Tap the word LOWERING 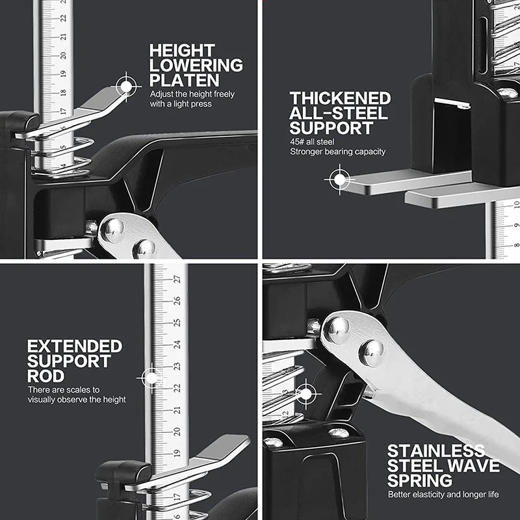pyautogui.click(x=196, y=65)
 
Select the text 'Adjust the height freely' pyautogui.click(x=192, y=94)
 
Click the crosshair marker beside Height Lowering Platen pyautogui.click(x=127, y=85)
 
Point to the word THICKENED pyautogui.click(x=340, y=98)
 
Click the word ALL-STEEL pyautogui.click(x=338, y=113)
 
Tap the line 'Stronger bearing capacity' pyautogui.click(x=337, y=151)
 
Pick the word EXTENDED pyautogui.click(x=74, y=346)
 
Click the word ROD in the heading pyautogui.click(x=45, y=376)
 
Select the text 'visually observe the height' pyautogui.click(x=77, y=400)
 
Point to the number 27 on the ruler pyautogui.click(x=176, y=279)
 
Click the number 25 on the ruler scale pyautogui.click(x=176, y=322)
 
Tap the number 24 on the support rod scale pyautogui.click(x=176, y=344)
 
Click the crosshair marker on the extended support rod pyautogui.click(x=151, y=378)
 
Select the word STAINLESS pyautogui.click(x=435, y=451)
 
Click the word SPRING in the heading pyautogui.click(x=419, y=481)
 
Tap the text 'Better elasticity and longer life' pyautogui.click(x=443, y=495)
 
